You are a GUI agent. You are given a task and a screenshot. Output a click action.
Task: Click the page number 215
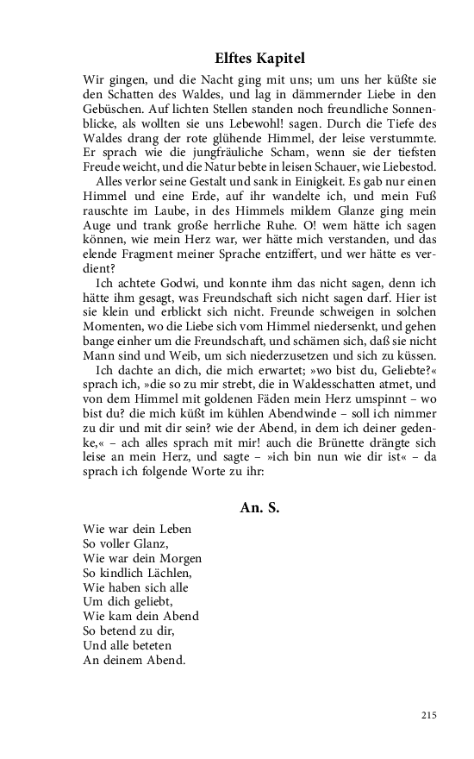click(x=429, y=715)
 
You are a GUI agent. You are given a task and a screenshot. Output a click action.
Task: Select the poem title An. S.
click(x=259, y=507)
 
